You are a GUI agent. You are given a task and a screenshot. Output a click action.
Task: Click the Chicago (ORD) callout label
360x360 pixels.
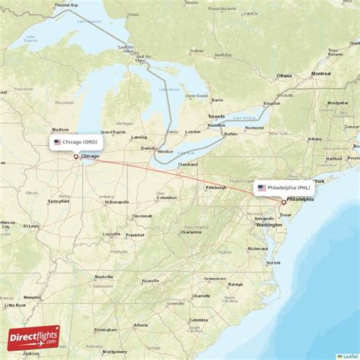pos(75,142)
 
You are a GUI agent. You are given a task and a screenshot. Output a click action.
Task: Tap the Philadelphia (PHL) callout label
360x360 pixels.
pos(283,187)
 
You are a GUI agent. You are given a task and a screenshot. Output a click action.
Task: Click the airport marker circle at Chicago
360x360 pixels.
pos(76,156)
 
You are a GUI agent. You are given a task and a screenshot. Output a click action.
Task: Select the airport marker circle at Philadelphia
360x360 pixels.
pos(284,201)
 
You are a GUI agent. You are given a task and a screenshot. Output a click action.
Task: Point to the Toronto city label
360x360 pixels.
pos(216,116)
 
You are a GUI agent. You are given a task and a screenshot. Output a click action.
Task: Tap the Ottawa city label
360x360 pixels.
pos(284,76)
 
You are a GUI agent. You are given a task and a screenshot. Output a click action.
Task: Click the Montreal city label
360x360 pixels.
pos(321,74)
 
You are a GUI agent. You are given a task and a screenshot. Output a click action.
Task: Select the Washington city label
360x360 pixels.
pos(269,225)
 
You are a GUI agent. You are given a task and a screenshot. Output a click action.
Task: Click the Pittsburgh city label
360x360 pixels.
pos(216,187)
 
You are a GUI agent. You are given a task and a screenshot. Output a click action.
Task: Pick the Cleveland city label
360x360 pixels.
pos(188,164)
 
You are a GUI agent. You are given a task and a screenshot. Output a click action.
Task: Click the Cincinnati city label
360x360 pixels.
pos(141,216)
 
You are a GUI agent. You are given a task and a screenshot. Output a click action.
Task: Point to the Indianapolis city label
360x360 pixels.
pos(116,202)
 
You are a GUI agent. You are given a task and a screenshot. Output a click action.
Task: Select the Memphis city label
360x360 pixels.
pos(32,297)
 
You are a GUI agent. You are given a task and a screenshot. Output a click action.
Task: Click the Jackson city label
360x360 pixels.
pos(30,354)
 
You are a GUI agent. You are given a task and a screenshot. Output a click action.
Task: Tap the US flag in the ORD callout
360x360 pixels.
pos(57,142)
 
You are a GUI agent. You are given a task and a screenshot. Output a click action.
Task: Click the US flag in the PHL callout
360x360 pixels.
pos(261,187)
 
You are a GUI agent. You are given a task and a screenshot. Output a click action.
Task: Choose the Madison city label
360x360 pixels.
pos(60,129)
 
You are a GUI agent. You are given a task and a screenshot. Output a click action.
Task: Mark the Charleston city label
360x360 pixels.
pos(190,232)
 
